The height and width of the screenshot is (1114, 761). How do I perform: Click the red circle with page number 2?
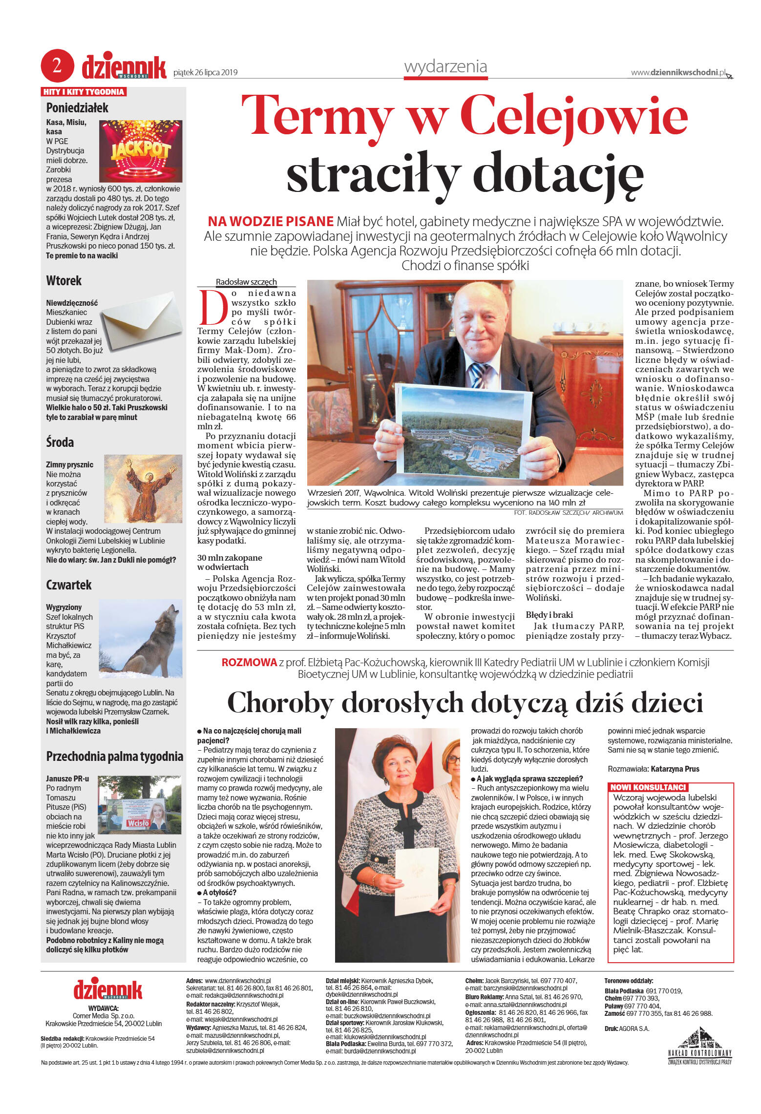pos(57,65)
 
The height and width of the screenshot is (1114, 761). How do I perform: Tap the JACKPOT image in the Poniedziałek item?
pos(141,151)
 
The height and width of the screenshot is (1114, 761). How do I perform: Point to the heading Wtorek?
pos(64,281)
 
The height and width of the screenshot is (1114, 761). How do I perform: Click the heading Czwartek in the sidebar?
pos(69,585)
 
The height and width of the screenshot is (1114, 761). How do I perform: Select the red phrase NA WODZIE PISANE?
pos(271,222)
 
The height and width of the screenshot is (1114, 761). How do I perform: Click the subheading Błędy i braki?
pos(549,615)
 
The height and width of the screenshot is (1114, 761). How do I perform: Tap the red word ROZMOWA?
pos(249,662)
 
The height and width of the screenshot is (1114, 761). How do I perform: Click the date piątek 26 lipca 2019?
pos(206,73)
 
